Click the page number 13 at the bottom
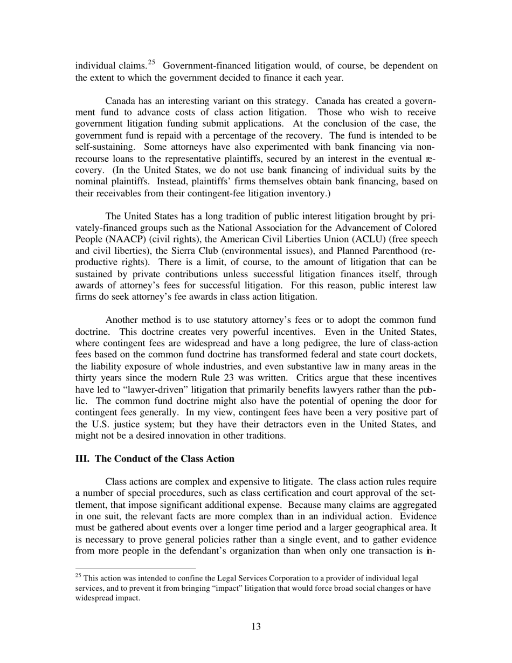click(256, 626)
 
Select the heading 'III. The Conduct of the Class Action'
click(155, 459)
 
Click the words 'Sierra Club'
click(199, 251)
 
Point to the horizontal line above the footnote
click(135, 568)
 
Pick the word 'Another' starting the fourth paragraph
click(121, 321)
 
